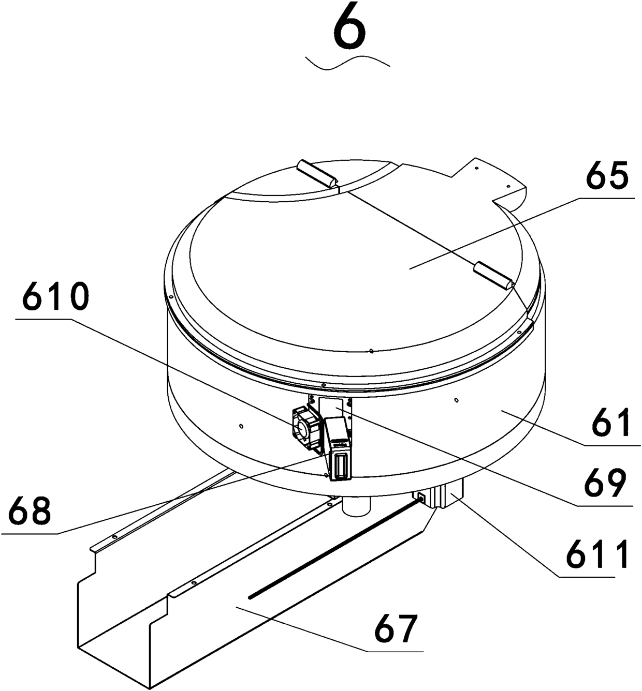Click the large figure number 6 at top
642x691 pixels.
tap(350, 31)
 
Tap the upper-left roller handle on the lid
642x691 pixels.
tap(317, 174)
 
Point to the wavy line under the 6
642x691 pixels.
tap(348, 62)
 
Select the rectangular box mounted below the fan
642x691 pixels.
tap(339, 449)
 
